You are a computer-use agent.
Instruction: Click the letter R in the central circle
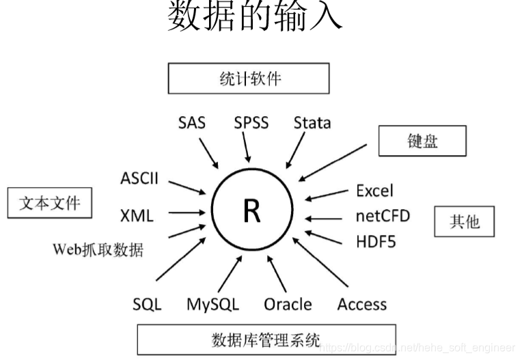coord(251,212)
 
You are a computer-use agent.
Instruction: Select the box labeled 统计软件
coord(249,79)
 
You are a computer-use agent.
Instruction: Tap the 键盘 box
coord(422,141)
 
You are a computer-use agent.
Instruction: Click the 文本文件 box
coord(49,203)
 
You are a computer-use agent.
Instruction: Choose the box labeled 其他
coord(464,221)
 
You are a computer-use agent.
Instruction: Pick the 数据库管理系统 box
coord(266,338)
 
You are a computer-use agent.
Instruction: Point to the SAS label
coord(192,124)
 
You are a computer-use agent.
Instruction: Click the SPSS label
coord(251,124)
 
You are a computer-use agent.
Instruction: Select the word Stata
coord(312,124)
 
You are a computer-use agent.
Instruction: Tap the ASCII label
coord(139,179)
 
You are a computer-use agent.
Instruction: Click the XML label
coord(137,216)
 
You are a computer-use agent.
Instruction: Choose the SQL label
coord(147,304)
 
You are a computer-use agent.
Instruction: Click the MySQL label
coord(212,304)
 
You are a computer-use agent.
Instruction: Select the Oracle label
coord(288,304)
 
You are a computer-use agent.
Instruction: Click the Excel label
coord(375,191)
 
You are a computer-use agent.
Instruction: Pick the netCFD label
coord(383,217)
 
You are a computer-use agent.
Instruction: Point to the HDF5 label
coord(375,241)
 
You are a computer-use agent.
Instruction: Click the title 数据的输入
coord(255,17)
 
